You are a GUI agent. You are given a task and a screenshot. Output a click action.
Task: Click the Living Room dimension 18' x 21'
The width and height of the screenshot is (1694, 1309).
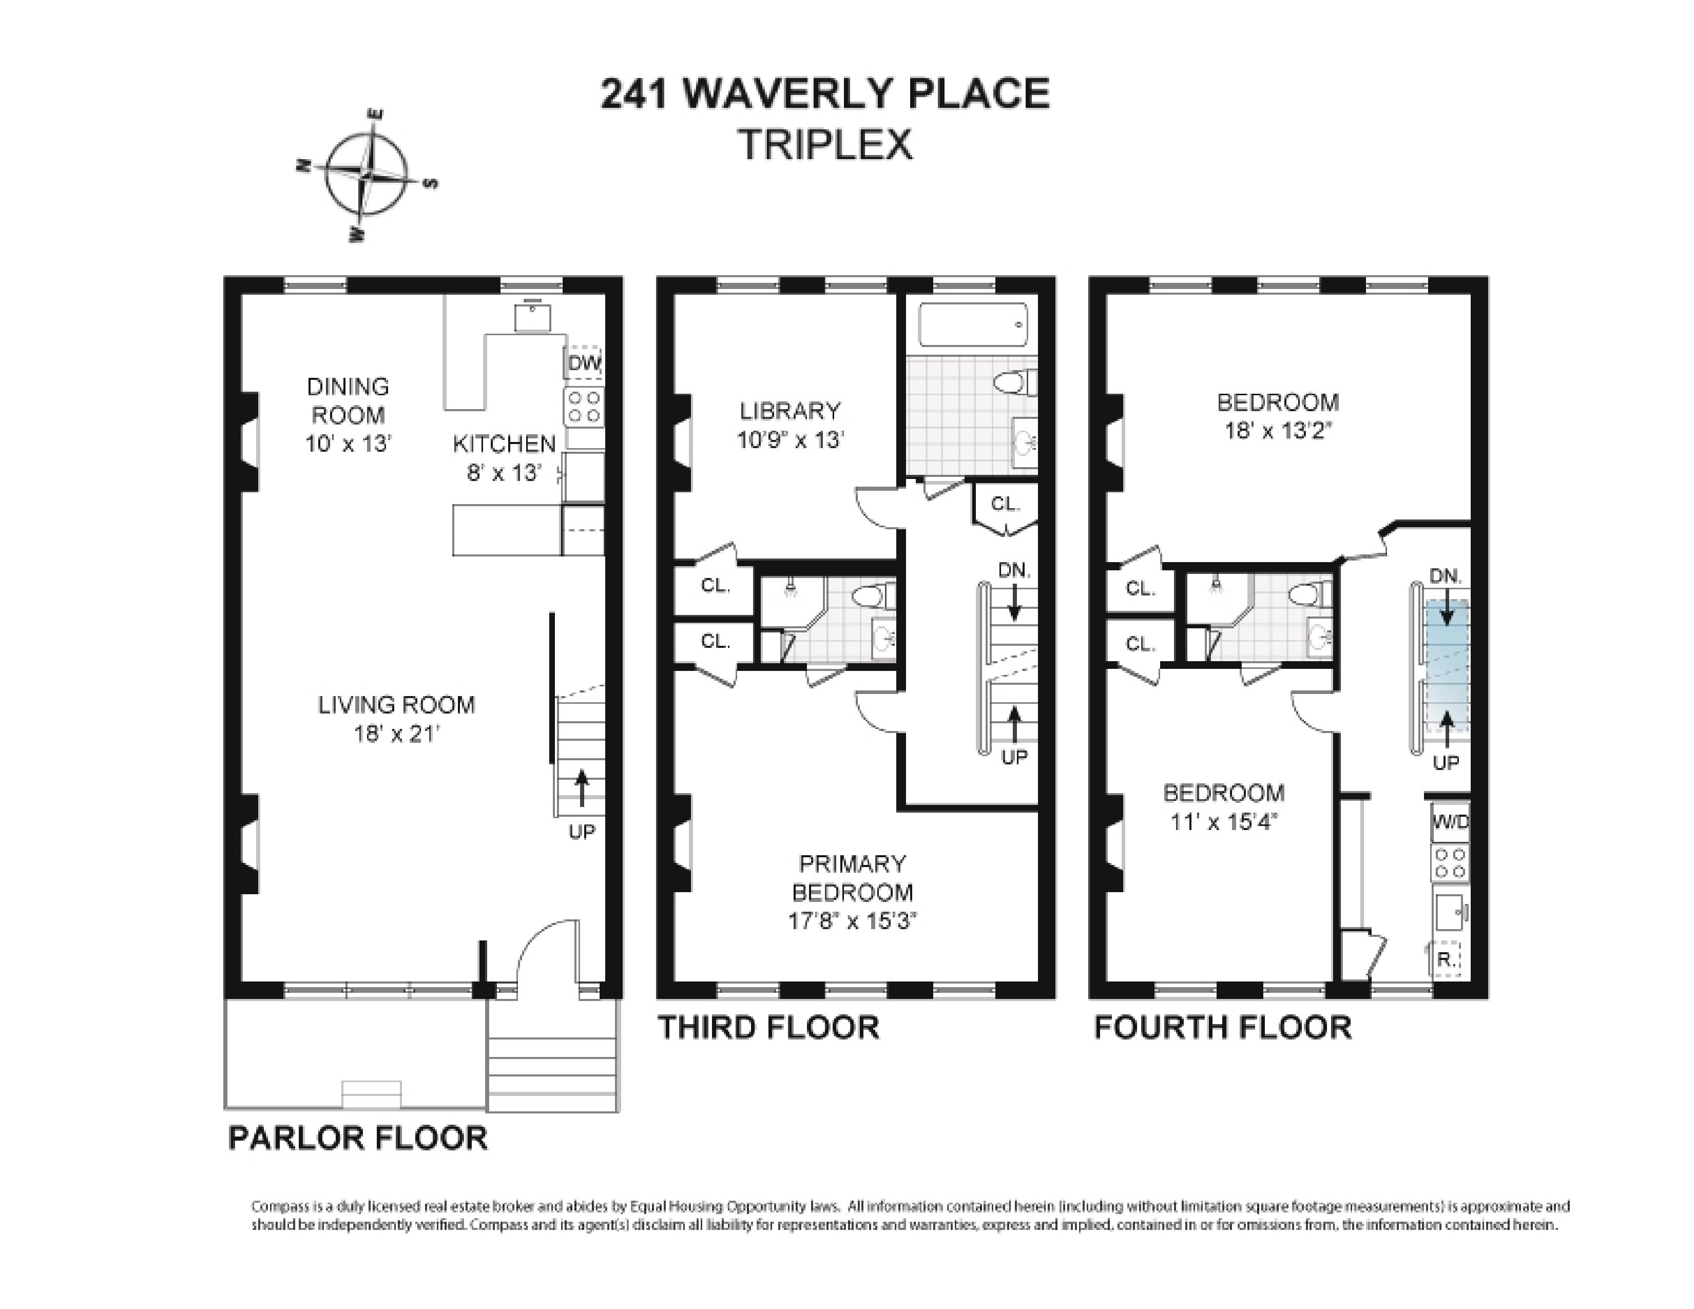tap(397, 734)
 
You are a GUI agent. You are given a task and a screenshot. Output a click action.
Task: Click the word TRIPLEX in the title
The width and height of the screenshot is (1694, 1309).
tap(825, 145)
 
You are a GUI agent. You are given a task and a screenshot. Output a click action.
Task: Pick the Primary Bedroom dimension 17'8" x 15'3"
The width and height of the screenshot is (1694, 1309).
tap(853, 921)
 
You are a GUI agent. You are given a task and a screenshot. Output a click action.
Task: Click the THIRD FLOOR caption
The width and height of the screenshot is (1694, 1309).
tap(768, 1028)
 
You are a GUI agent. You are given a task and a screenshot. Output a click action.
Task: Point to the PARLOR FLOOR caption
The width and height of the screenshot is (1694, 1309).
tap(358, 1139)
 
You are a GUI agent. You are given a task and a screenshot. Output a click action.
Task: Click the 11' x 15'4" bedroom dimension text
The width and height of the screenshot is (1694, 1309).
tap(1223, 821)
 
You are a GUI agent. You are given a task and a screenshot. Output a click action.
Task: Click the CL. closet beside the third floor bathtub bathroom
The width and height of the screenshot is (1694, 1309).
tap(1005, 504)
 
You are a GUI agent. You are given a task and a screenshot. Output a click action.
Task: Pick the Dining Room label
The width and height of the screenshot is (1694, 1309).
tap(348, 401)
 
